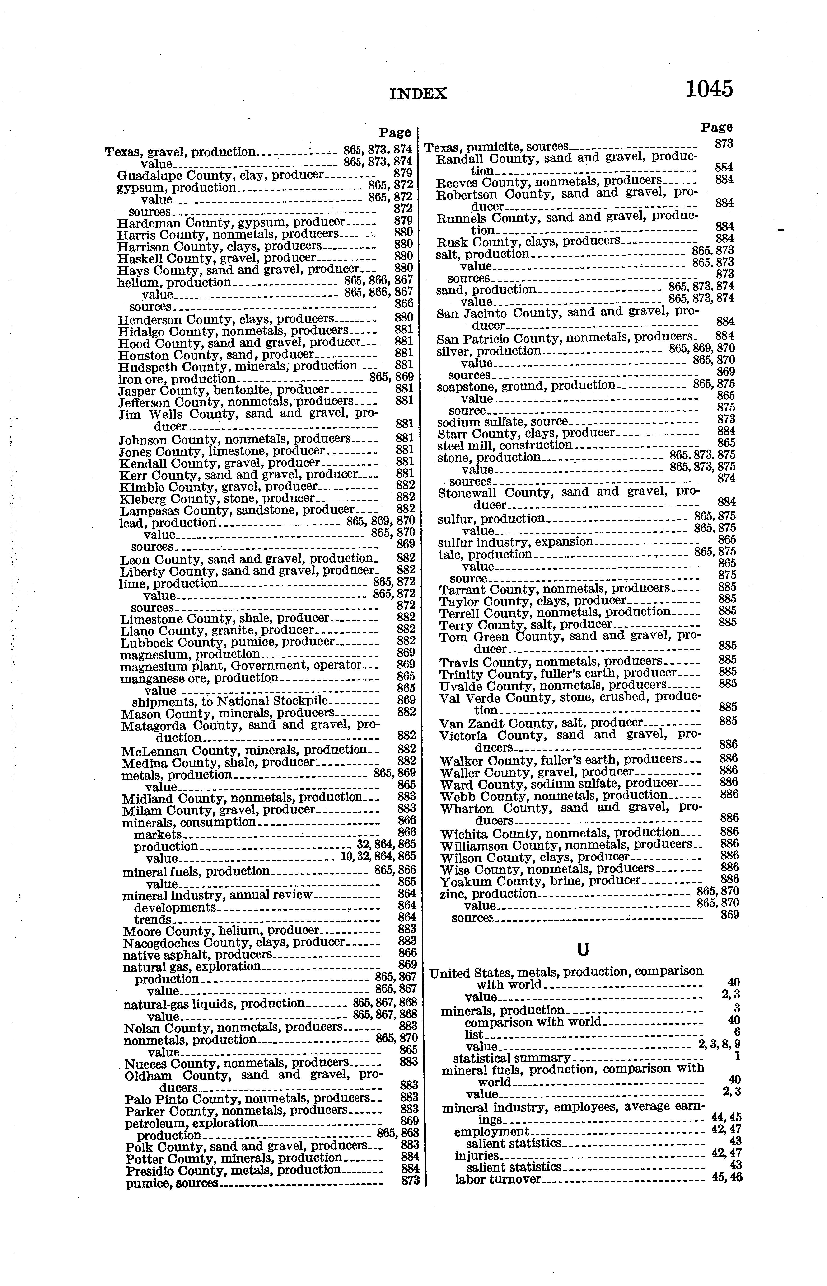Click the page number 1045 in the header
click(709, 89)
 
